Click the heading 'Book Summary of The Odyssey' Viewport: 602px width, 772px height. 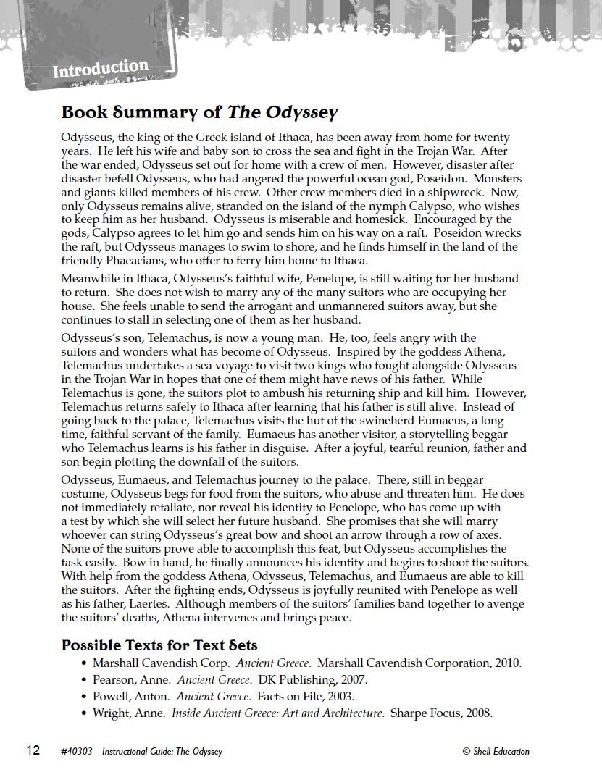199,112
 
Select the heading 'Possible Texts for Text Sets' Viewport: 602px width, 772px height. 159,645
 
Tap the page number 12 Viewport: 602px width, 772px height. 33,750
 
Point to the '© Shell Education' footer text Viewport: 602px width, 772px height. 496,751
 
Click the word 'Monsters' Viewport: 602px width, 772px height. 496,178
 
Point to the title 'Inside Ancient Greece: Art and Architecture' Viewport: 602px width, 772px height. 277,713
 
